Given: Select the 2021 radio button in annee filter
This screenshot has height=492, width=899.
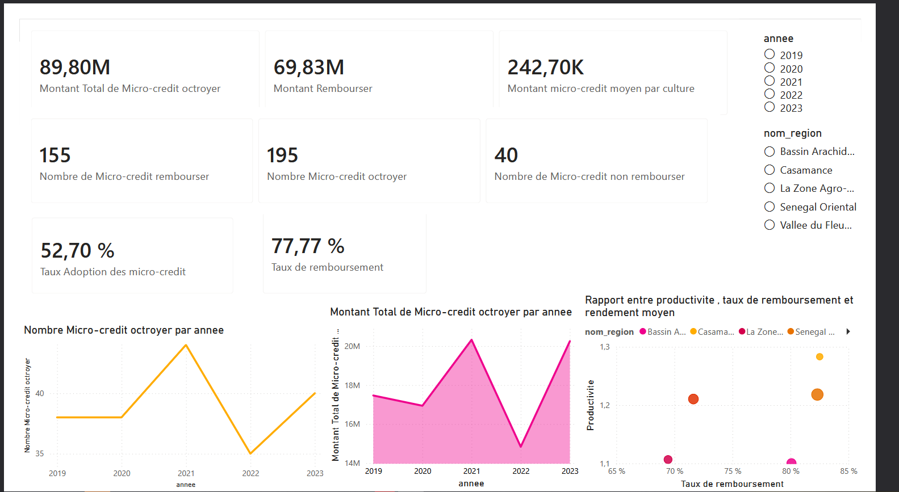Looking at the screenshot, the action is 770,81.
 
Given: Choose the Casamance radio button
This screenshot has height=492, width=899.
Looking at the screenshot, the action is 770,170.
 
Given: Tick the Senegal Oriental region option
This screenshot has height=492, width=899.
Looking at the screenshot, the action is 770,207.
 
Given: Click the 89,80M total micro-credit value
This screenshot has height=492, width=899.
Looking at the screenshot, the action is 74,68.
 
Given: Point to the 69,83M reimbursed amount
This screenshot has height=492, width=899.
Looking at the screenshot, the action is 308,68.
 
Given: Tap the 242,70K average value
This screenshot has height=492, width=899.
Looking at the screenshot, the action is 545,68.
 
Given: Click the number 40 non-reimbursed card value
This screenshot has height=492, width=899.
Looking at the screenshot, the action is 506,155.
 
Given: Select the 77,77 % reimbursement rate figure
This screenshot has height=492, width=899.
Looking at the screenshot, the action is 308,246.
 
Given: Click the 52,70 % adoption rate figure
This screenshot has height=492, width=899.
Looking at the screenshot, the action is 77,251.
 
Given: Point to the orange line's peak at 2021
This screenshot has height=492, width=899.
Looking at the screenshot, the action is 186,345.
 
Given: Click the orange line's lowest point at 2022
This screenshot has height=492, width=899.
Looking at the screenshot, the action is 250,453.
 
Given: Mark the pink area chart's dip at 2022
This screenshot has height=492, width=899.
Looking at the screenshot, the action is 521,446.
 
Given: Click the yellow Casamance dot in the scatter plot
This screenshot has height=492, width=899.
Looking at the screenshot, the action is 819,357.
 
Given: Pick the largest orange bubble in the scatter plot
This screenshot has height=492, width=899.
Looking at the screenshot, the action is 817,395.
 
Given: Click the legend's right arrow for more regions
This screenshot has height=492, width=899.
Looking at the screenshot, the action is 848,331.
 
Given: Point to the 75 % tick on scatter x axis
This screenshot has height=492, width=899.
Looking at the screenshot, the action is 733,471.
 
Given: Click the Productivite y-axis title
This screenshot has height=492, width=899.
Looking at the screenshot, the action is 590,405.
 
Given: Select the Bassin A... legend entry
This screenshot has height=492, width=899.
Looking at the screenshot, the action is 663,331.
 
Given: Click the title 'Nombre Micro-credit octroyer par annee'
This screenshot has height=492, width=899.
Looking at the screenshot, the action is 124,330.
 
